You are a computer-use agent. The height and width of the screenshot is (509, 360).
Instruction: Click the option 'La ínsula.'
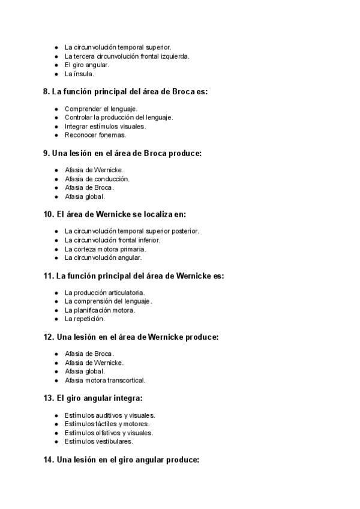[79, 74]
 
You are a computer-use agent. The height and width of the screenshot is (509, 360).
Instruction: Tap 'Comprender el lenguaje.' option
[101, 109]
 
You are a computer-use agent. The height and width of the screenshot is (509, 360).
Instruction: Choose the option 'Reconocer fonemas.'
[95, 135]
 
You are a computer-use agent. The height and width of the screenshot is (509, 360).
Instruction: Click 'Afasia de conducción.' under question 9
[97, 179]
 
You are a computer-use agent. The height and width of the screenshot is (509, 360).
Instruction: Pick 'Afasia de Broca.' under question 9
[89, 187]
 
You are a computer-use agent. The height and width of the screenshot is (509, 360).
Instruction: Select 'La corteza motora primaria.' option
[105, 249]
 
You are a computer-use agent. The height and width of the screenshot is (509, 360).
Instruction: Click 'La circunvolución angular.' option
[103, 258]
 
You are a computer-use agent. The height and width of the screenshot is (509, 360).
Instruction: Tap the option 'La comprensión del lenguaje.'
[109, 301]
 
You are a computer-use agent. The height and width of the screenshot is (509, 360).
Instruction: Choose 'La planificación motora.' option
[100, 310]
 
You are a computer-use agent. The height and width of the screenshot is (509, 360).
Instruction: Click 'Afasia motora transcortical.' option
[105, 380]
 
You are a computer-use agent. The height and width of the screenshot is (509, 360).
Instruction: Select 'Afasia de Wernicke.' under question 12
[94, 363]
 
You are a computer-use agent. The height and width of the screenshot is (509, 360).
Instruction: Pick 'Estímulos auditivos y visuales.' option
[110, 415]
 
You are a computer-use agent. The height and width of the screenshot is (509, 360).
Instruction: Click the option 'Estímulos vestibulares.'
[99, 441]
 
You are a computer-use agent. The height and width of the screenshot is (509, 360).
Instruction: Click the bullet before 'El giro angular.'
[56, 65]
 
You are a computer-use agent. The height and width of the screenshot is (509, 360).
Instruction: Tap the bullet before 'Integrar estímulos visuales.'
[56, 127]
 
